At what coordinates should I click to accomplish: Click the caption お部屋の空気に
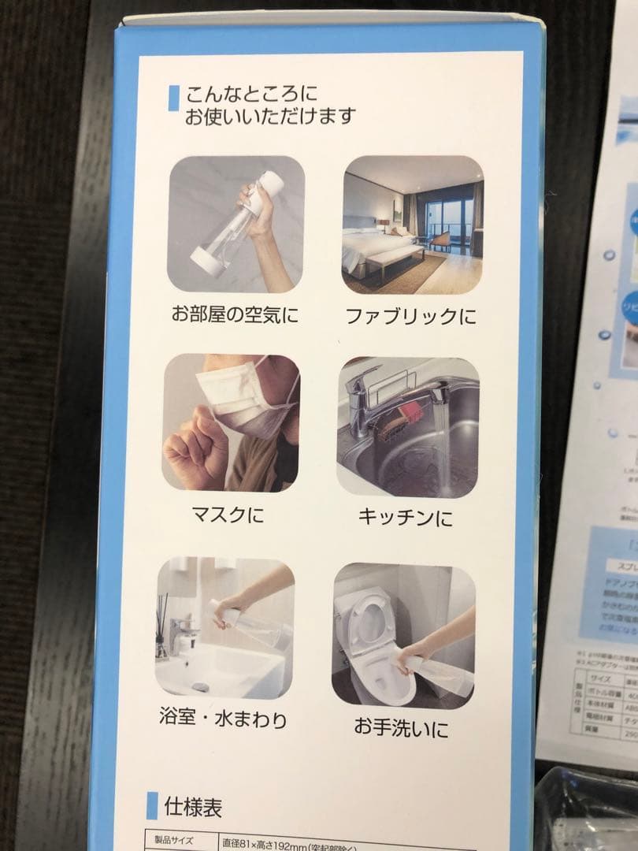[235, 315]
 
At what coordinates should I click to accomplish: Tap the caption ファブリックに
[411, 317]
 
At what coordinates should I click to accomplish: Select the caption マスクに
[228, 516]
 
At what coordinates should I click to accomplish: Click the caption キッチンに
[405, 517]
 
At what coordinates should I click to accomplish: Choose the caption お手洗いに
[401, 727]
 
